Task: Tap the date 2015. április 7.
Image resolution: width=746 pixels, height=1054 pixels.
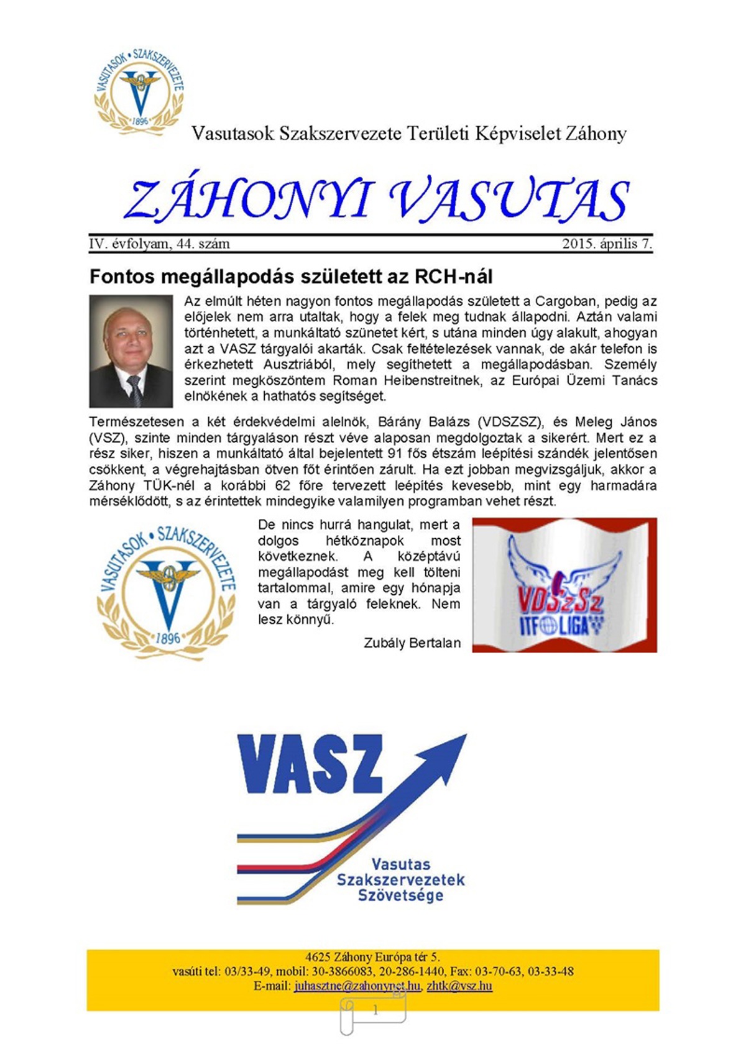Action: click(x=607, y=244)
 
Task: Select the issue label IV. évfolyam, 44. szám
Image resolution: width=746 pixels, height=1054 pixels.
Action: click(x=159, y=244)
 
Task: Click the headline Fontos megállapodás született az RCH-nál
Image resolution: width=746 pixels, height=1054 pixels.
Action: click(x=291, y=277)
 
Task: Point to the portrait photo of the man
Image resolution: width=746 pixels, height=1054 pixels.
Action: click(x=131, y=351)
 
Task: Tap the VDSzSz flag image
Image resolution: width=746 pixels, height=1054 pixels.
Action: click(x=564, y=585)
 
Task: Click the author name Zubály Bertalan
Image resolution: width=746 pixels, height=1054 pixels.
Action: click(x=412, y=643)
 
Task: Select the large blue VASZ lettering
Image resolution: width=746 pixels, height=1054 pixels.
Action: click(x=310, y=763)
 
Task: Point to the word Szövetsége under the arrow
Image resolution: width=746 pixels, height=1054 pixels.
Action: click(x=400, y=896)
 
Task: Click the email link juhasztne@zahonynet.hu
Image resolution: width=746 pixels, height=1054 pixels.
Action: click(x=357, y=986)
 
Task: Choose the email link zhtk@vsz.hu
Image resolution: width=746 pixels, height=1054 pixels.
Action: click(x=459, y=986)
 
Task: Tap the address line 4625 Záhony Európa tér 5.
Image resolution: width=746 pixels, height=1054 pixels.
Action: click(x=372, y=957)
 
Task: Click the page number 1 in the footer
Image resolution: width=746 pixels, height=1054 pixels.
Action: click(x=375, y=1010)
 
